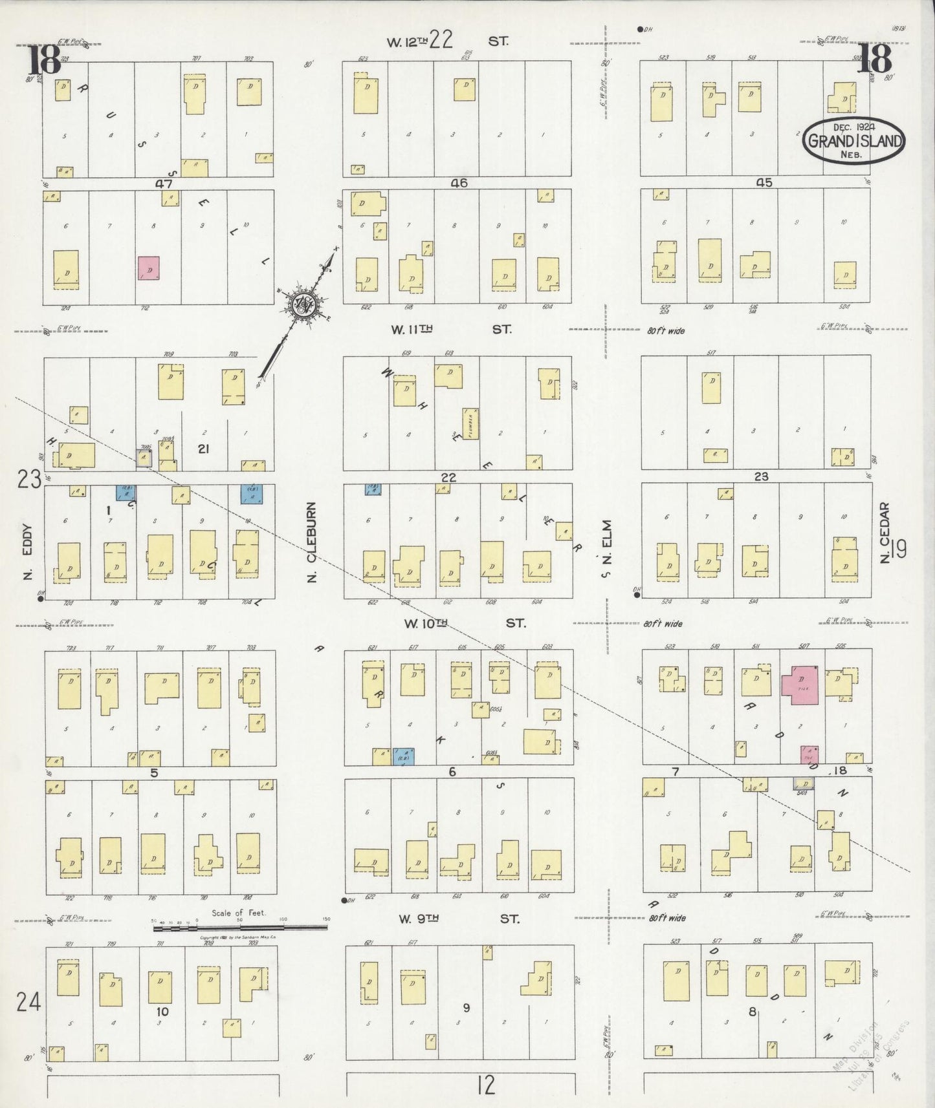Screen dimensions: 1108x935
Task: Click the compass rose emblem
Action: pyautogui.click(x=302, y=305)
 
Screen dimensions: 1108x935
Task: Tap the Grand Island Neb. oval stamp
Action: pyautogui.click(x=853, y=140)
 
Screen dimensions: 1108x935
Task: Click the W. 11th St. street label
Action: pyautogui.click(x=451, y=329)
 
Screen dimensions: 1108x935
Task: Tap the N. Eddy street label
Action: pyautogui.click(x=27, y=560)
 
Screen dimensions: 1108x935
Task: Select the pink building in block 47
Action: pyautogui.click(x=148, y=268)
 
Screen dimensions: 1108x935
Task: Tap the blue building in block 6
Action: pyautogui.click(x=404, y=756)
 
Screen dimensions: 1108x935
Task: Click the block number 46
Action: pyautogui.click(x=459, y=183)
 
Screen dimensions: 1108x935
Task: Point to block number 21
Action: pyautogui.click(x=204, y=448)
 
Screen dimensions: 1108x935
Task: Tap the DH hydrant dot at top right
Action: pyautogui.click(x=639, y=28)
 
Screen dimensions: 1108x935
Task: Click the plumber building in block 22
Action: pyautogui.click(x=471, y=423)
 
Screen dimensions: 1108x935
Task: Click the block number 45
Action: pyautogui.click(x=764, y=183)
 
